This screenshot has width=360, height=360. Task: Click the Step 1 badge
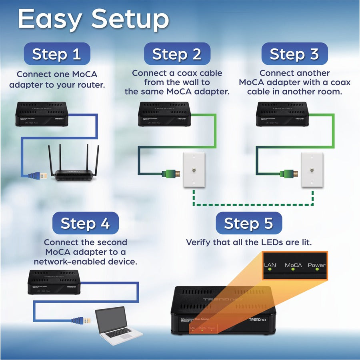[56, 54]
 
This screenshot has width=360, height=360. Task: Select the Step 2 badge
[177, 54]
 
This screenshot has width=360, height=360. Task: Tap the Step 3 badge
[294, 54]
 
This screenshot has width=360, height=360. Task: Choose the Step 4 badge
[85, 223]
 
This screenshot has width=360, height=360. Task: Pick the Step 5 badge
[249, 223]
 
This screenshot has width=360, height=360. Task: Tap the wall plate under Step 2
[193, 169]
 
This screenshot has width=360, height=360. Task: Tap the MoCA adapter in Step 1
[42, 114]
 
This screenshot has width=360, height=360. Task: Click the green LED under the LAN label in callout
[270, 269]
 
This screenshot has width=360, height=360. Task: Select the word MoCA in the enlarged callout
[293, 265]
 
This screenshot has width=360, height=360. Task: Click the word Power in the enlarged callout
[316, 265]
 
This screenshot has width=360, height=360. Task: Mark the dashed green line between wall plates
[252, 205]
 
